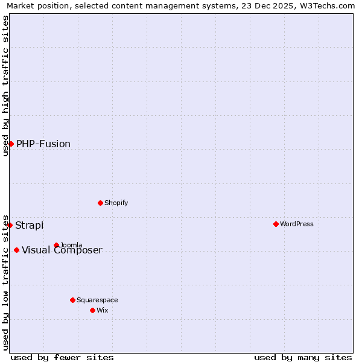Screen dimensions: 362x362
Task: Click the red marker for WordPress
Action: click(x=276, y=224)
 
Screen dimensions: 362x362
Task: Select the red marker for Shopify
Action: click(x=100, y=203)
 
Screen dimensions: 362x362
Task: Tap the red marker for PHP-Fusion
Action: click(x=11, y=144)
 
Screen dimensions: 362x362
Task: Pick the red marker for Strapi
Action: click(x=10, y=225)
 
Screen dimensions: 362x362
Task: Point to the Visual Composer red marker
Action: click(x=16, y=250)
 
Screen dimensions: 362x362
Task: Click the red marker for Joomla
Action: click(x=56, y=245)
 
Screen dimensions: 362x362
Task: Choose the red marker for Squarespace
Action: click(x=72, y=300)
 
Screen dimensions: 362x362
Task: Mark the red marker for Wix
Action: click(x=92, y=310)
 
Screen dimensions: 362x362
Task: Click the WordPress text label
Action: click(x=297, y=224)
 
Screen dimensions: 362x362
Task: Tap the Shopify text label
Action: click(x=116, y=203)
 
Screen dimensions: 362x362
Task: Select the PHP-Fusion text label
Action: click(x=43, y=144)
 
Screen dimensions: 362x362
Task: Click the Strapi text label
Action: click(x=30, y=225)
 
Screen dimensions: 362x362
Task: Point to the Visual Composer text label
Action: click(x=62, y=250)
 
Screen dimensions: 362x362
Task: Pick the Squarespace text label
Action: click(x=97, y=300)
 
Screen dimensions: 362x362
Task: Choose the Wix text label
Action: click(x=102, y=310)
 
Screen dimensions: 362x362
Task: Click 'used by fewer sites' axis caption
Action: click(x=62, y=357)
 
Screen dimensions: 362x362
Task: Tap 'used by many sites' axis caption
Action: click(x=303, y=357)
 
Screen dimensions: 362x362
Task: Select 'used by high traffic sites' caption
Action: click(x=6, y=86)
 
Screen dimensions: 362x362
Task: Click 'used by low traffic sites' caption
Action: click(x=6, y=282)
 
